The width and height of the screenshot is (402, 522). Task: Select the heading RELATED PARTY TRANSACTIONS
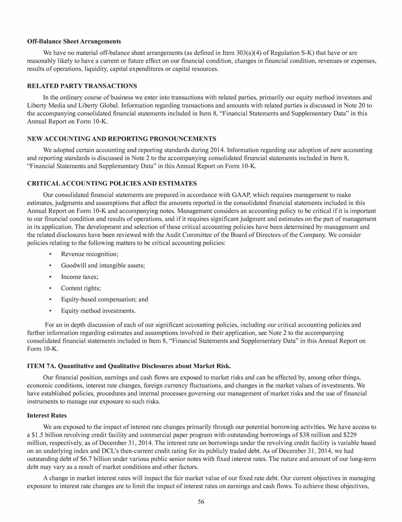[x=81, y=86]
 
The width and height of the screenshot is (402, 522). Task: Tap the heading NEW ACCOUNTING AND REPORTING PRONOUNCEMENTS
[x=121, y=139]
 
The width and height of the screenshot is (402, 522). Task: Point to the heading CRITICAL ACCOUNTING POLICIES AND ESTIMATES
[x=112, y=183]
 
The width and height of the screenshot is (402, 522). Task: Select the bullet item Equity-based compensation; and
[x=105, y=299]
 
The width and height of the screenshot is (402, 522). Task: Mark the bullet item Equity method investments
[x=98, y=311]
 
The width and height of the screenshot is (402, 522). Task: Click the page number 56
[x=201, y=502]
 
